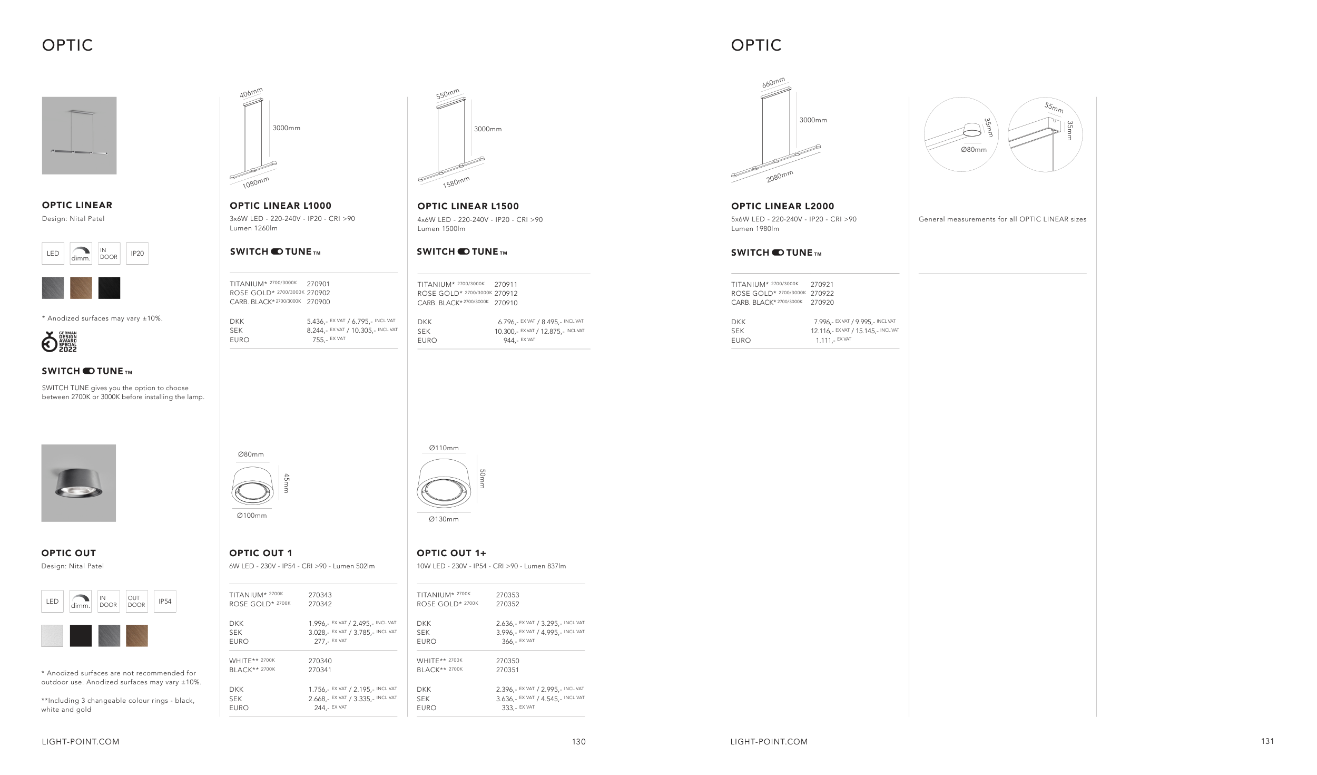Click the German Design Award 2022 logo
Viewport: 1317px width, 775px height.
(x=59, y=342)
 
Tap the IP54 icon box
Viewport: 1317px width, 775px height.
(x=165, y=601)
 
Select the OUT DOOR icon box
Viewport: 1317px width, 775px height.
(x=136, y=601)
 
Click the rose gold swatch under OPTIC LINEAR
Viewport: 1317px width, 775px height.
(x=81, y=288)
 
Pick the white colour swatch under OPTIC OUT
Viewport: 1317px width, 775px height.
(x=52, y=636)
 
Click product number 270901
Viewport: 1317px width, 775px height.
(x=318, y=284)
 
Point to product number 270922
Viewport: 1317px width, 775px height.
(x=822, y=293)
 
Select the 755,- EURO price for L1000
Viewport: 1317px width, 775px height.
(x=320, y=340)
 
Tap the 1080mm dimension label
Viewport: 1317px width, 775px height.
(x=256, y=182)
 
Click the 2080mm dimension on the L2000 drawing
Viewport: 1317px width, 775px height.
(x=780, y=176)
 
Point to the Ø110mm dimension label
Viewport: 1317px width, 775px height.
(x=444, y=448)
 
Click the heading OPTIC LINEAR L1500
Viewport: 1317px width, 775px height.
(x=468, y=206)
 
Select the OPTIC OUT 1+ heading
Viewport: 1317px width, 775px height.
(x=451, y=553)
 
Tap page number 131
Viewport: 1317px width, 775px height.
(x=1267, y=741)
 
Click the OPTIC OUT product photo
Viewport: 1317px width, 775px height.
(x=78, y=483)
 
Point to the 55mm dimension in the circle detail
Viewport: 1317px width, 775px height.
(x=1054, y=108)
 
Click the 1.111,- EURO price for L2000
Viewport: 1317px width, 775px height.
(x=825, y=341)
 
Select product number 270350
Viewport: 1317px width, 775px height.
(x=507, y=661)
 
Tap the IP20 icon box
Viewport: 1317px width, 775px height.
(x=137, y=254)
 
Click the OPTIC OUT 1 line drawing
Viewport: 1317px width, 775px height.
(x=252, y=485)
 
